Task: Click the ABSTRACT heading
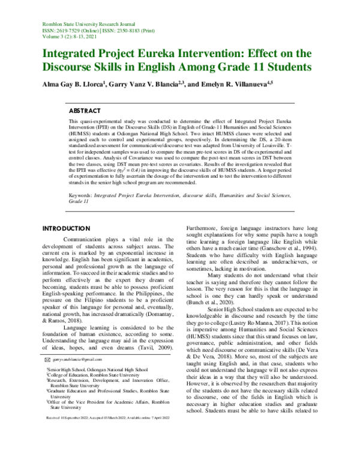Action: click(x=85, y=111)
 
